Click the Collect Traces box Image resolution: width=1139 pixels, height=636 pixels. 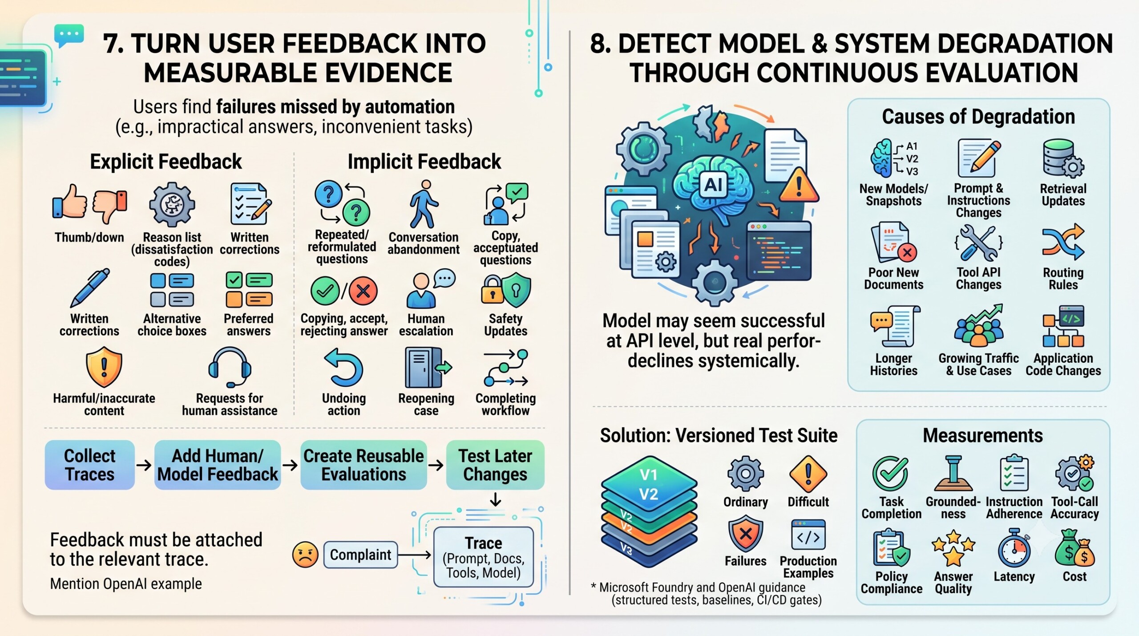89,465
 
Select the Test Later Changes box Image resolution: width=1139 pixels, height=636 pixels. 495,465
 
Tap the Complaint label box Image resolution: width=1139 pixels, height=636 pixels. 360,555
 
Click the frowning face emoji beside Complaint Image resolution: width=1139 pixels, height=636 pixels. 305,555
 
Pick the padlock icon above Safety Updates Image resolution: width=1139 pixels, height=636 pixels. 492,290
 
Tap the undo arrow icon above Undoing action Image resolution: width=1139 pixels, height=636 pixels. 344,368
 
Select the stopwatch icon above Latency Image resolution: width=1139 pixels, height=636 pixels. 1014,548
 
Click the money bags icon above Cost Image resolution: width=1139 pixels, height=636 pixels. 1075,549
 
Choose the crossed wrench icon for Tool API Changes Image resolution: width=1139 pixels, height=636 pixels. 978,243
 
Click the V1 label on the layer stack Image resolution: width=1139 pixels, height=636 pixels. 648,475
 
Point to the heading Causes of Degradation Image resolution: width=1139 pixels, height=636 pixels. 978,117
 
